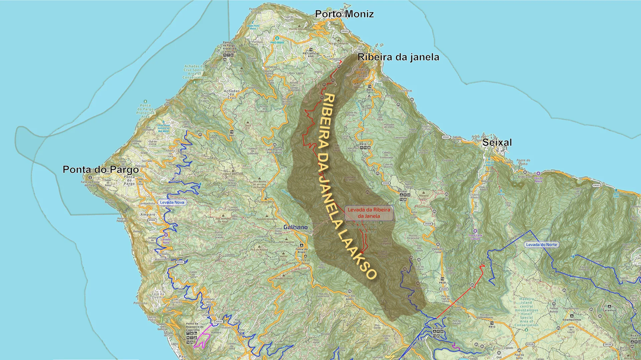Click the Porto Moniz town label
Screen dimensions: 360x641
coord(344,14)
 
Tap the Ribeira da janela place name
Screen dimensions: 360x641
coord(398,57)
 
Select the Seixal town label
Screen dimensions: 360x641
coord(497,142)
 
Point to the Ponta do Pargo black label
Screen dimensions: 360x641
coord(100,169)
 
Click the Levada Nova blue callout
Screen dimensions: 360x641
coord(172,202)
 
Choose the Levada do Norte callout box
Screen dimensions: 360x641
coord(541,245)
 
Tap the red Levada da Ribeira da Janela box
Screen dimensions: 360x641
coord(369,213)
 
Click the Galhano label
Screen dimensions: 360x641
coord(295,227)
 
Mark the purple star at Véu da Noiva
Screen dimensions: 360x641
coord(538,173)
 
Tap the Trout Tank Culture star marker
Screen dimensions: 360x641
coord(475,231)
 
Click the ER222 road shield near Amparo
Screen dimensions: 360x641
coord(152,220)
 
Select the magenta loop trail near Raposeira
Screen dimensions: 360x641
coord(203,339)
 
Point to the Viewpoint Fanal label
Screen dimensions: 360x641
coord(438,250)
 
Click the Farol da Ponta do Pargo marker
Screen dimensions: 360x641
coord(90,177)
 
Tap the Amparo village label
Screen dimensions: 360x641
coord(148,215)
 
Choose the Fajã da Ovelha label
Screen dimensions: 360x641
coord(158,295)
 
